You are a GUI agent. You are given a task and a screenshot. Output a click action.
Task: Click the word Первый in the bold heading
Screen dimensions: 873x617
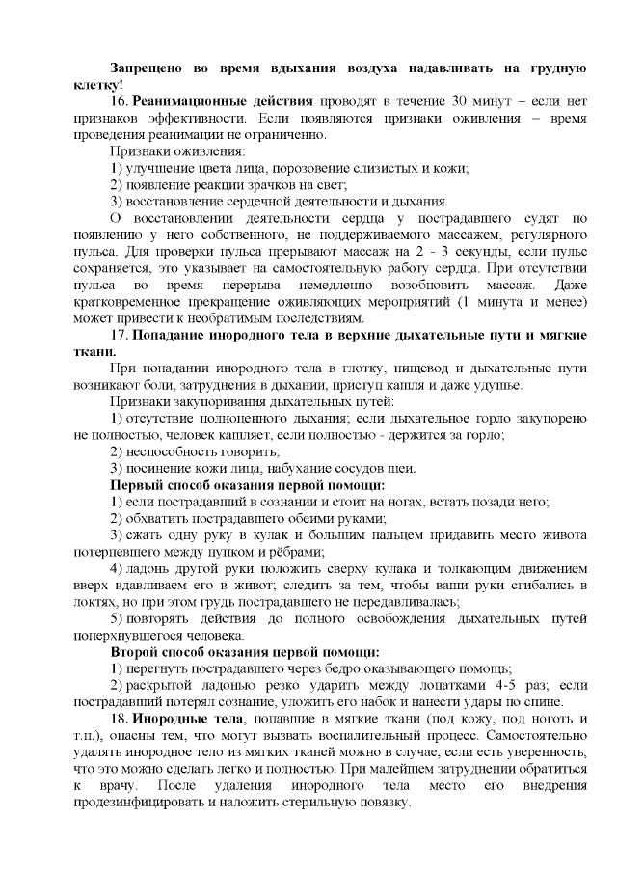(138, 484)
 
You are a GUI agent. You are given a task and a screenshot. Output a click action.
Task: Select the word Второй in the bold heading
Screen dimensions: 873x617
(136, 652)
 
